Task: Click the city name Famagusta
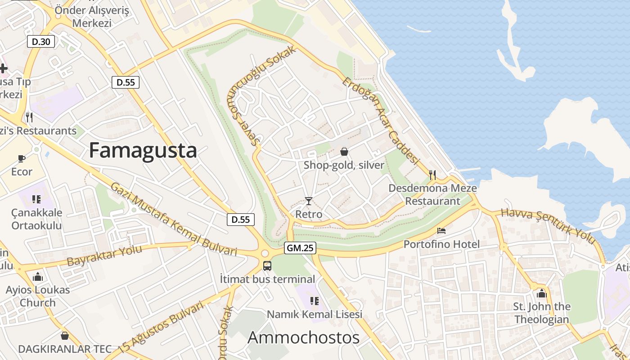coord(143,150)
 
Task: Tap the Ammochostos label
coord(303,337)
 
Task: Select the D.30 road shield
coord(41,42)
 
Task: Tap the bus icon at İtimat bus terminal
coord(267,265)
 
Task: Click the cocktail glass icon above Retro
coord(309,201)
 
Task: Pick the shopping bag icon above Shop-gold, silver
coord(344,152)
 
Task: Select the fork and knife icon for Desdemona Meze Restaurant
coord(432,175)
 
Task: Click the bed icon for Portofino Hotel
coord(441,231)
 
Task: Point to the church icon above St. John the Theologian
coord(542,293)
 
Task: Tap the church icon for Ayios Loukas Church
coord(38,276)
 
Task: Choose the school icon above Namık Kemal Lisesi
coord(314,301)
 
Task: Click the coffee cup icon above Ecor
coord(21,158)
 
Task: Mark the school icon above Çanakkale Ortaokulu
coord(36,199)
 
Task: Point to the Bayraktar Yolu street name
coord(104,255)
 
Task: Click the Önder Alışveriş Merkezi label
coord(92,17)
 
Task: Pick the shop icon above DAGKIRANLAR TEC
coord(65,336)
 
